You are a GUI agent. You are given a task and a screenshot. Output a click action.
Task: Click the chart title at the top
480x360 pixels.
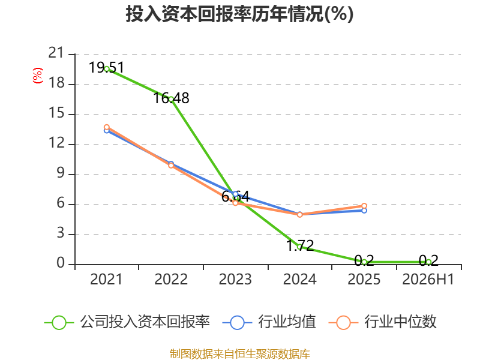point(239,14)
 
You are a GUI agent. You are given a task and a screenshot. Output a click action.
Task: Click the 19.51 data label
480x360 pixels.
point(107,67)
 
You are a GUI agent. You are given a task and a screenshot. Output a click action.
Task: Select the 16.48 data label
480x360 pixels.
point(171,98)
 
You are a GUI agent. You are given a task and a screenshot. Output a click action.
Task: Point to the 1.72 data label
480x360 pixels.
point(300,245)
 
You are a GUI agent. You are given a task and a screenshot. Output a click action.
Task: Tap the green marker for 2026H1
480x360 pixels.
point(428,262)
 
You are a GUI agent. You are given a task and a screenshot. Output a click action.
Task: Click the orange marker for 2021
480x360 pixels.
point(107,127)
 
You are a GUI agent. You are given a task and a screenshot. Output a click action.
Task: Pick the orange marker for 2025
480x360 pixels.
point(364,206)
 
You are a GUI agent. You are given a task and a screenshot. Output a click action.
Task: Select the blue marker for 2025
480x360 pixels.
point(364,211)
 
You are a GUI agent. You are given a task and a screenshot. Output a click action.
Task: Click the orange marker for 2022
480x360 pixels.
point(171,166)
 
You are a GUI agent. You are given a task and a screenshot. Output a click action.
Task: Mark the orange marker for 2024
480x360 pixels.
point(299,215)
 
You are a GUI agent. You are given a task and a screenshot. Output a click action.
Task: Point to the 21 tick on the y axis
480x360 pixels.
point(56,53)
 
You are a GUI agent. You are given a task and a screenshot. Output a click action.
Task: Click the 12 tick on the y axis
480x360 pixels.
point(56,143)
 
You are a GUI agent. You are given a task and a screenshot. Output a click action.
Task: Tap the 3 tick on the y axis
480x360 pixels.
point(61,233)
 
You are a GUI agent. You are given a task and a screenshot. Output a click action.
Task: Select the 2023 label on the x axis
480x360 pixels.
point(235,279)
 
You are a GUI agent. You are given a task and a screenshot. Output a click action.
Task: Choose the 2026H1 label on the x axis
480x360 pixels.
point(428,279)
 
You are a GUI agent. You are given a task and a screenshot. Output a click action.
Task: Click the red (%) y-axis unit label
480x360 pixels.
point(37,76)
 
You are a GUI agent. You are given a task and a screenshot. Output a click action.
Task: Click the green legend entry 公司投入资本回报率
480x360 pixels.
point(127,322)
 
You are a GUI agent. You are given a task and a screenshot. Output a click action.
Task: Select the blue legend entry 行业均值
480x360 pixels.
point(269,322)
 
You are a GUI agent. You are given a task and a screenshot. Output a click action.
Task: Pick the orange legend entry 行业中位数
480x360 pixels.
point(382,322)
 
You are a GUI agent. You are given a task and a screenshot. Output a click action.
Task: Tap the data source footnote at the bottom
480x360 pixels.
point(240,354)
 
